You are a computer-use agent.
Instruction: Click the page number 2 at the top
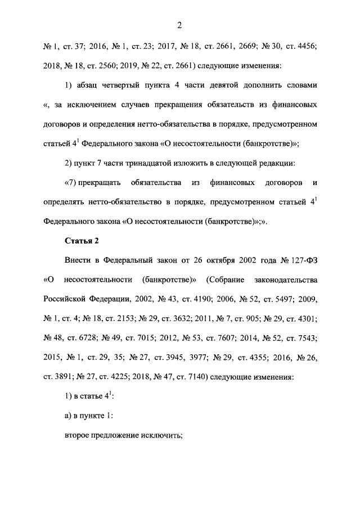coord(179,25)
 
